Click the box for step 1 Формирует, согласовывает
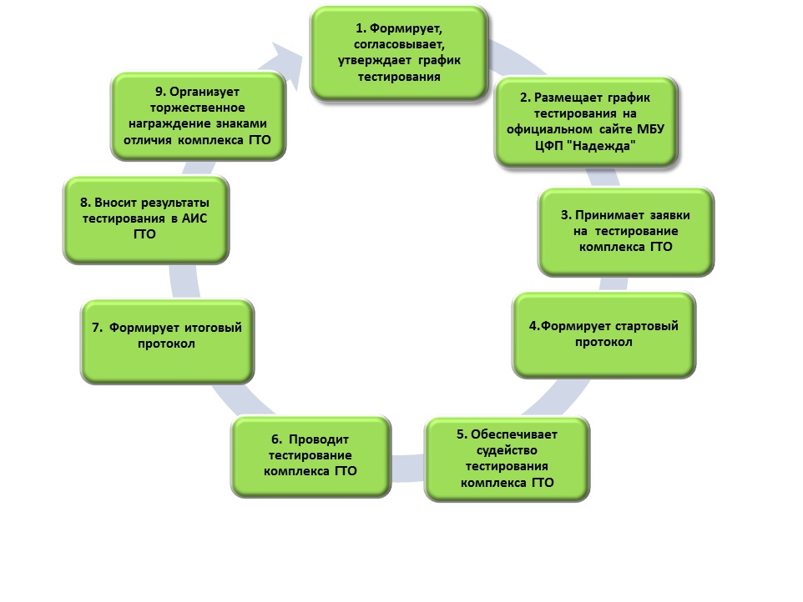point(399,53)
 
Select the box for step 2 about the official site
point(585,122)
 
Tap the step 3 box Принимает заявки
point(626,231)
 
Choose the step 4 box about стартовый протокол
point(604,334)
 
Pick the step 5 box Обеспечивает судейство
point(508,459)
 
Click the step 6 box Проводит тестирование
point(311,456)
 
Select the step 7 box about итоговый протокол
point(167,341)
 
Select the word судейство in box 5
point(508,450)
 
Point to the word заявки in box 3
point(668,215)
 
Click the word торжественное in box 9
point(197,108)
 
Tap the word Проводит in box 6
point(322,439)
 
